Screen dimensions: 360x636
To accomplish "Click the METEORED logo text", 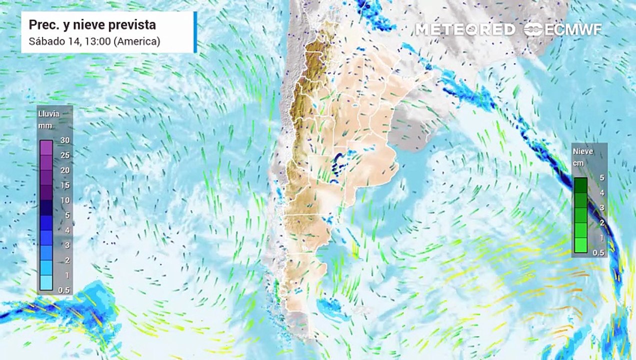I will [x=465, y=29].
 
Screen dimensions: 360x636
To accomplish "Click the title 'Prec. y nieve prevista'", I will [x=92, y=24].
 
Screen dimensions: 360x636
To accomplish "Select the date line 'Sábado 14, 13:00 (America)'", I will [x=94, y=41].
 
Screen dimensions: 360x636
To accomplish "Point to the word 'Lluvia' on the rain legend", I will [x=49, y=114].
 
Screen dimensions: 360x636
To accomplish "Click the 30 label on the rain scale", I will [x=65, y=140].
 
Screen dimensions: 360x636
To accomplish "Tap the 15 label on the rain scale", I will [x=65, y=185].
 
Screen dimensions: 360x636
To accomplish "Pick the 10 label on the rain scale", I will [x=65, y=200].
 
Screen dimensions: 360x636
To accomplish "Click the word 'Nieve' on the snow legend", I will [x=582, y=151].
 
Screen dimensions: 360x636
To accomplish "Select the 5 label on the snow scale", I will [x=602, y=177].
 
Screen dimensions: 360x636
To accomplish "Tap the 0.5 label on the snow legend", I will [x=598, y=253].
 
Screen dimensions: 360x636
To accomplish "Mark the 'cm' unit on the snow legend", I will [x=579, y=163].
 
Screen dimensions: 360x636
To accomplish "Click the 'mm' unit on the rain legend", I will [x=45, y=126].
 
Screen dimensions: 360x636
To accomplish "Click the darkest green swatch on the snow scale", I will [x=580, y=185].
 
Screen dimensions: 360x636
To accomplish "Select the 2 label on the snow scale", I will [x=602, y=222].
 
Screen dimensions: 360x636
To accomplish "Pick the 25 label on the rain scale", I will [x=65, y=155].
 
